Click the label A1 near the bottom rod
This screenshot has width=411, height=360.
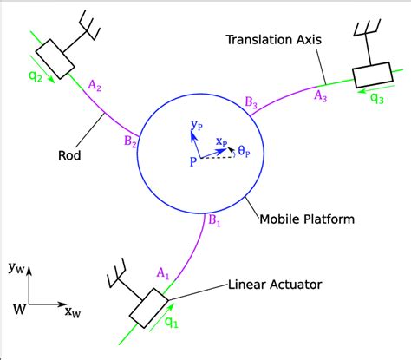161,274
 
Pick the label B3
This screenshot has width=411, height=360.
251,104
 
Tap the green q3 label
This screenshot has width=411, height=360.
377,98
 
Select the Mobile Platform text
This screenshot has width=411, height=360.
307,219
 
